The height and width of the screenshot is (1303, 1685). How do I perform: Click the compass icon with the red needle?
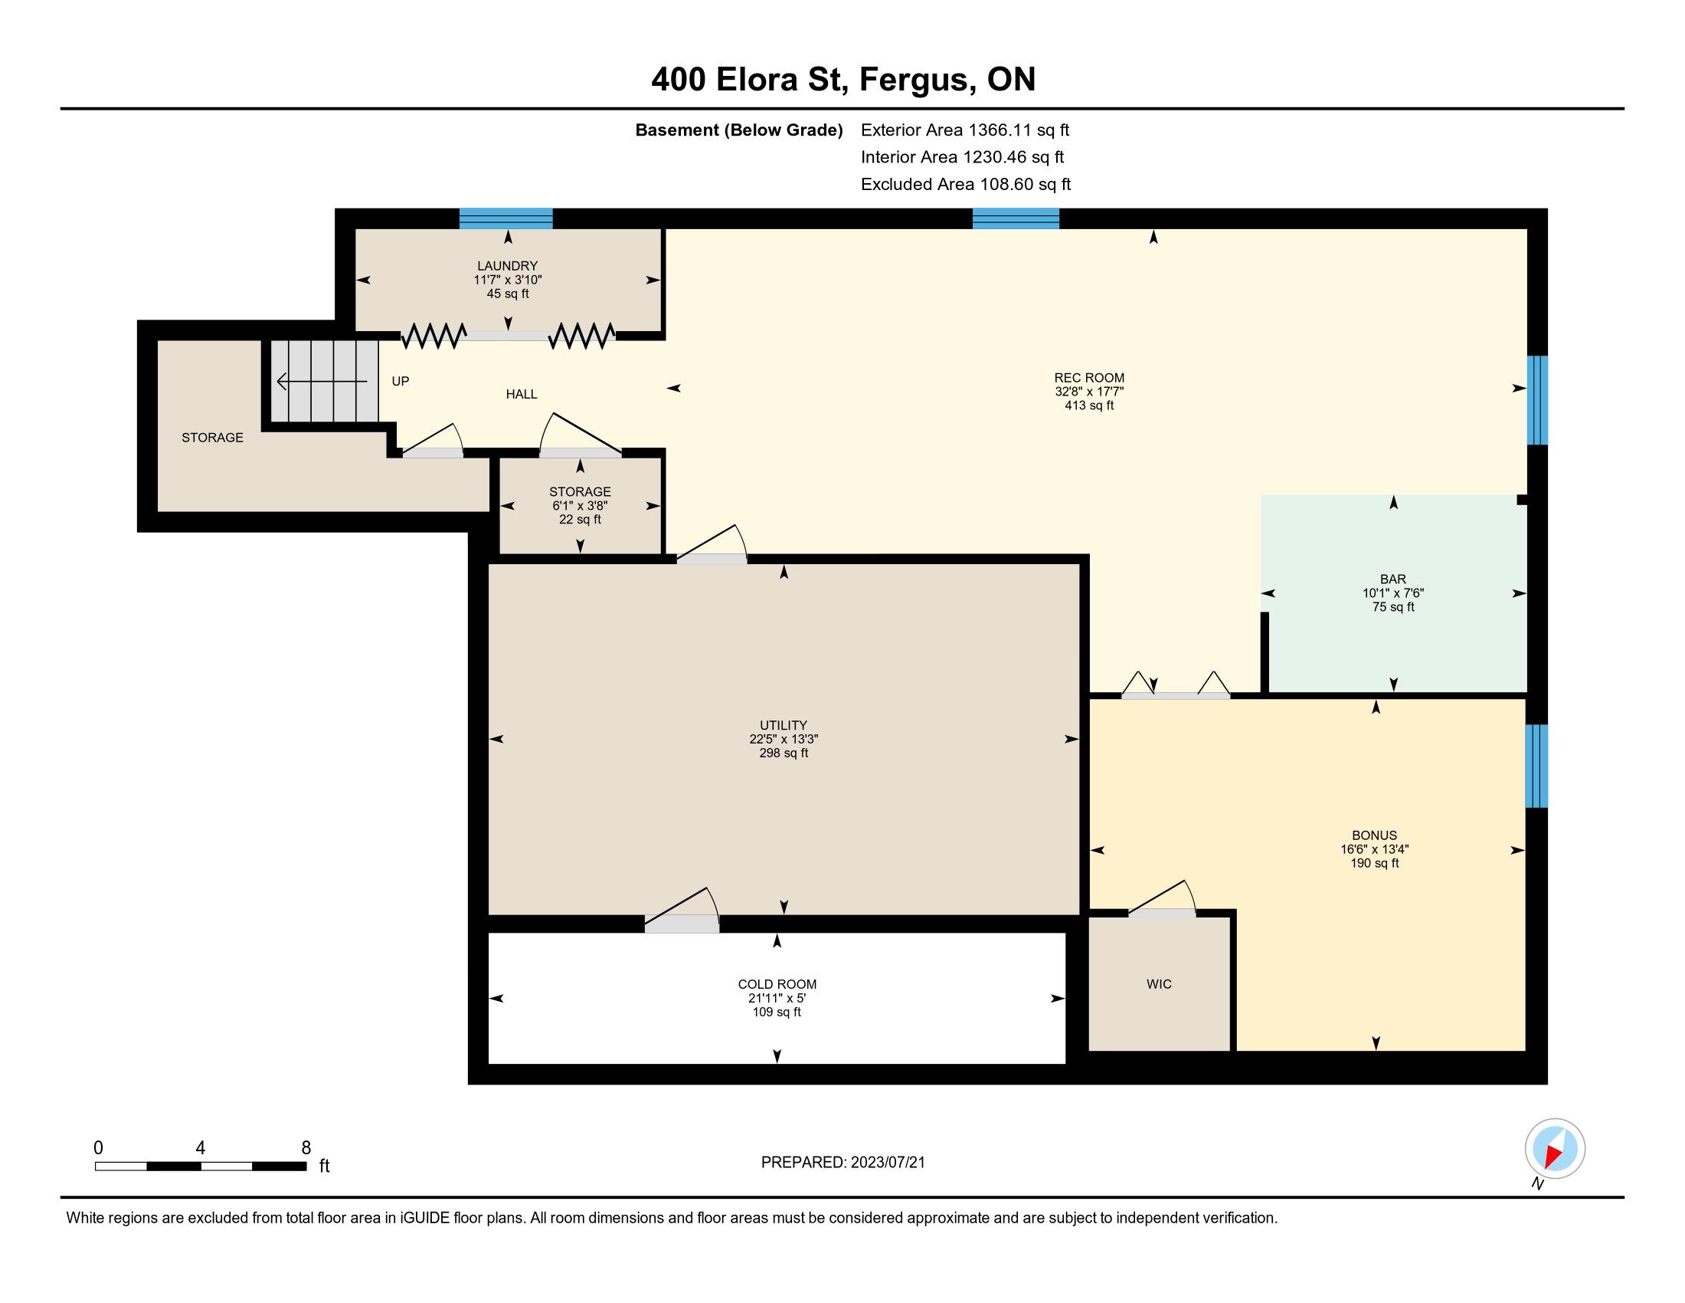pyautogui.click(x=1555, y=1148)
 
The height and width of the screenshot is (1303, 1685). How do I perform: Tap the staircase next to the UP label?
pyautogui.click(x=324, y=382)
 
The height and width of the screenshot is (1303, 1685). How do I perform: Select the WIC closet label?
pyautogui.click(x=1159, y=984)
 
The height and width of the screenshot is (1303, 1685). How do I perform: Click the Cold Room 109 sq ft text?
pyautogui.click(x=777, y=1012)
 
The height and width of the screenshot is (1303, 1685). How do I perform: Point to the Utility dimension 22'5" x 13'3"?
pyautogui.click(x=784, y=739)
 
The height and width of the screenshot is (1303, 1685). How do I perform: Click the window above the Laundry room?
pyautogui.click(x=506, y=218)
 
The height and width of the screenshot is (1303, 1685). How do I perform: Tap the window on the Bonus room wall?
pyautogui.click(x=1537, y=766)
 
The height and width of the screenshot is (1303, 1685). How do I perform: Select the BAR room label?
pyautogui.click(x=1393, y=579)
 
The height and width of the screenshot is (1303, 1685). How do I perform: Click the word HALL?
pyautogui.click(x=522, y=395)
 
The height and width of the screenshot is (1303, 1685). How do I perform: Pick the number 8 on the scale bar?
pyautogui.click(x=306, y=1147)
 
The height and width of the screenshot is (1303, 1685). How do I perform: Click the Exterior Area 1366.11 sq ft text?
pyautogui.click(x=965, y=130)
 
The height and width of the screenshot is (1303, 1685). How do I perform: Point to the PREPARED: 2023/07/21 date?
pyautogui.click(x=842, y=1163)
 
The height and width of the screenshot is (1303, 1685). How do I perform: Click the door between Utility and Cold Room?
pyautogui.click(x=682, y=924)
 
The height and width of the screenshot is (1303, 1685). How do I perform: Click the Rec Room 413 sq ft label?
pyautogui.click(x=1089, y=405)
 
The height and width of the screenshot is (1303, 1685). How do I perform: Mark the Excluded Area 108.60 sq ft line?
pyautogui.click(x=966, y=184)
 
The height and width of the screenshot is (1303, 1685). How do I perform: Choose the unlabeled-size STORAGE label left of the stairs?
pyautogui.click(x=212, y=438)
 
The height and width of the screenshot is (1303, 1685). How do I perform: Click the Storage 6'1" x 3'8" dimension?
pyautogui.click(x=581, y=506)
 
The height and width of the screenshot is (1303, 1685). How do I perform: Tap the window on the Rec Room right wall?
pyautogui.click(x=1537, y=400)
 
